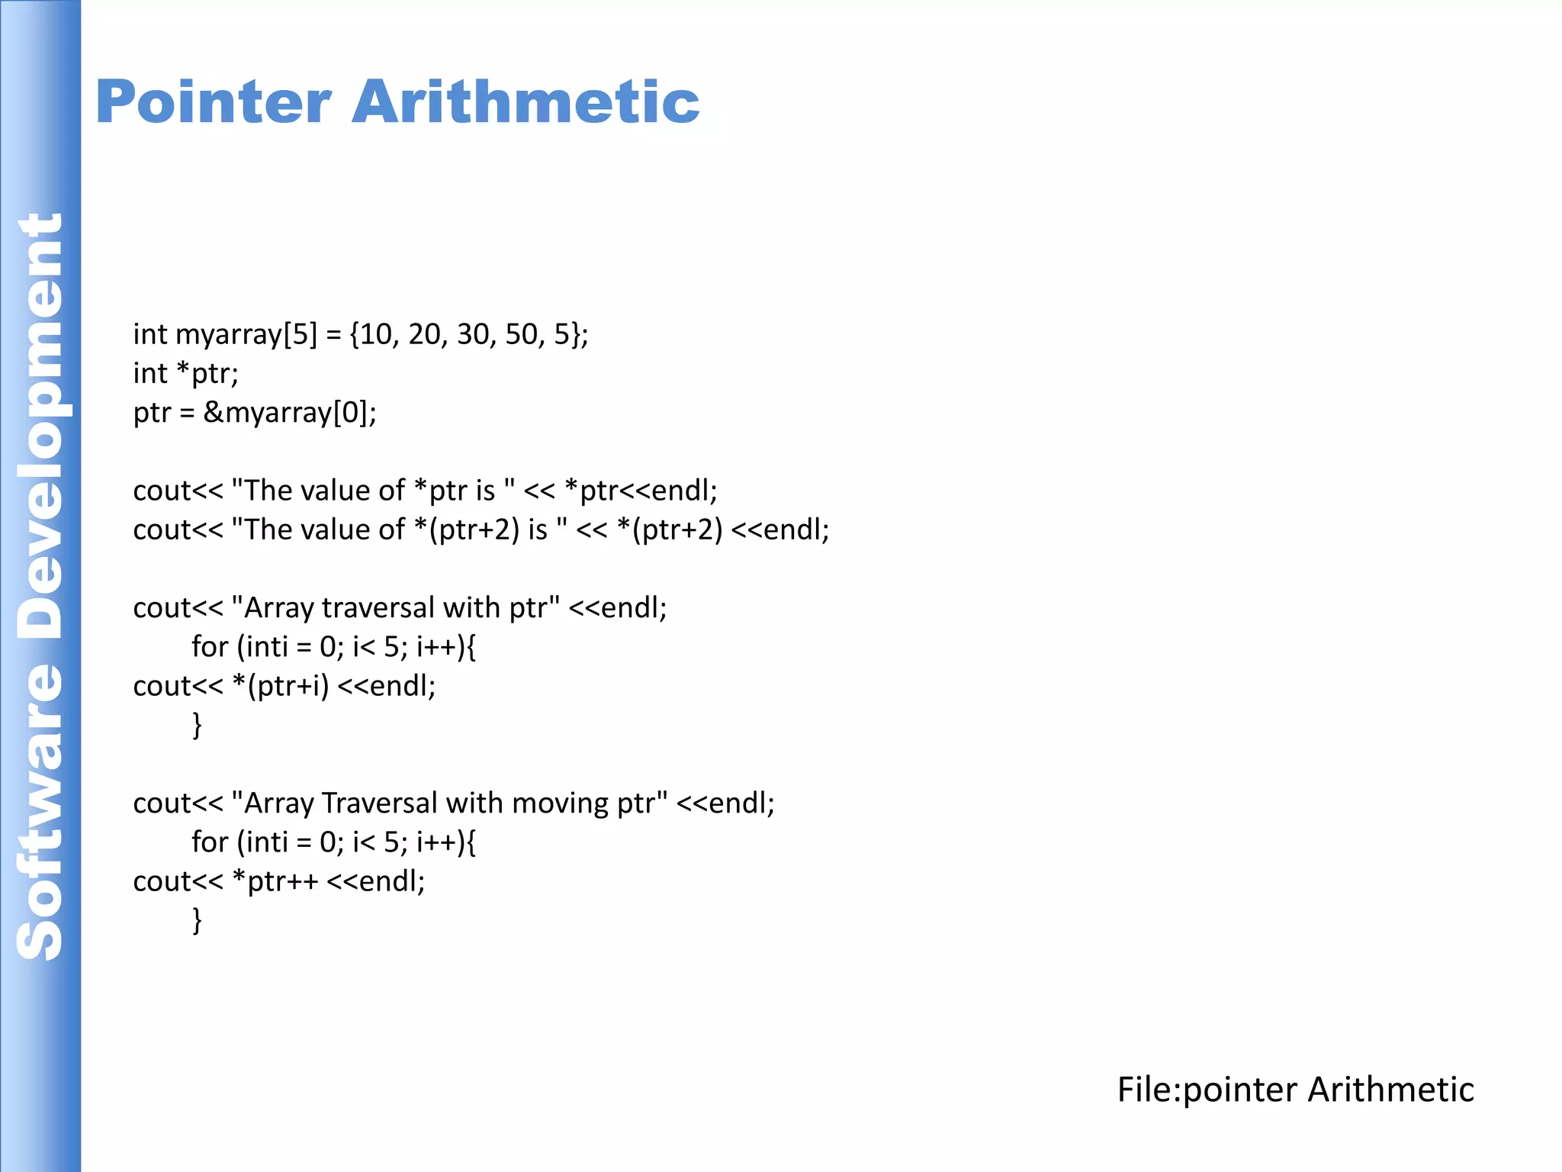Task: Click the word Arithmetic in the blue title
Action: click(525, 102)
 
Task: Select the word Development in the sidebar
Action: click(40, 427)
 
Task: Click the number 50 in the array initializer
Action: click(522, 334)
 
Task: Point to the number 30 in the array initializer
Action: click(473, 334)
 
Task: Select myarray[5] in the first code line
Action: click(246, 334)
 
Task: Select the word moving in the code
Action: click(560, 803)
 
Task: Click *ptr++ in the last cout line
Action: click(275, 881)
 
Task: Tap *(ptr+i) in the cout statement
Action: click(281, 686)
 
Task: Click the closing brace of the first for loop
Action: click(197, 724)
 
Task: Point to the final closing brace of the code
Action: click(197, 919)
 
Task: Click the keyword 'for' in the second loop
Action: click(210, 842)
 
